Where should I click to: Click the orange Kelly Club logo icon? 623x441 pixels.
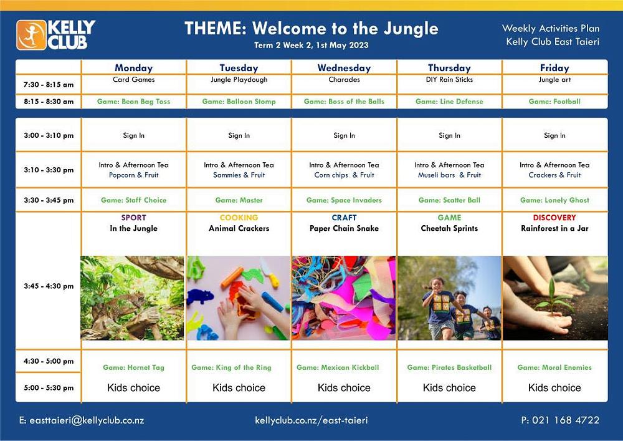pos(31,35)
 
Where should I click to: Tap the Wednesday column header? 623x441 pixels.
pos(344,68)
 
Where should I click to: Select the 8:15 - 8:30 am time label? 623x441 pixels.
pos(49,102)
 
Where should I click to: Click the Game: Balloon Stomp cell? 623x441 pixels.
pos(239,102)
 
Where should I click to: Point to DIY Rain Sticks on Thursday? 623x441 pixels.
pos(449,80)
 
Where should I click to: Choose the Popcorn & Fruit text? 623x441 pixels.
pos(133,175)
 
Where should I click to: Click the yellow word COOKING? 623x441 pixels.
pos(239,218)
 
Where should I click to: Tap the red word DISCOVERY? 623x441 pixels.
pos(554,218)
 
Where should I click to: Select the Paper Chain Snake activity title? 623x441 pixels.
pos(344,228)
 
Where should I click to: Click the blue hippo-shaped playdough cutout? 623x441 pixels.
pos(200,296)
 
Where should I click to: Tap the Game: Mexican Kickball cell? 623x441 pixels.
pos(338,367)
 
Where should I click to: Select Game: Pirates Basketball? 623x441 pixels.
pos(449,367)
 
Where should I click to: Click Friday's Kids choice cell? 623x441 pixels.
pos(554,388)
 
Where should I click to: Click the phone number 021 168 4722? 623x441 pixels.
pos(566,420)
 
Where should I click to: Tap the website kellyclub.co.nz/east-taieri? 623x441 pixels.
pos(311,420)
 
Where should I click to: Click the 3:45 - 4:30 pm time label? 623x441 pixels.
pos(49,286)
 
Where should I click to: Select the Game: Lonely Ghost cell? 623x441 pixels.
pos(554,200)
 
